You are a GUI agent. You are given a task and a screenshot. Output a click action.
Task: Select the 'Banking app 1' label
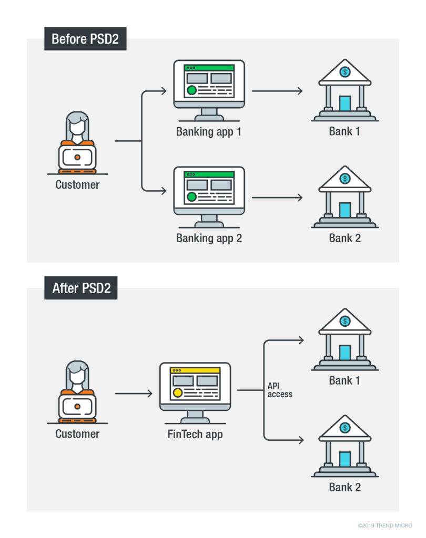click(x=209, y=131)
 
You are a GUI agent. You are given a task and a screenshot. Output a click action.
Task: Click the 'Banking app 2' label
click(x=209, y=238)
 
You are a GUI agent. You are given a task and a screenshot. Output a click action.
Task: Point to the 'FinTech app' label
click(x=195, y=434)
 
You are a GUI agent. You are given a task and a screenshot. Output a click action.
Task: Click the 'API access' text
click(x=280, y=390)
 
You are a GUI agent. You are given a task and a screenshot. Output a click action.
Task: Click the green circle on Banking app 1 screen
click(x=192, y=90)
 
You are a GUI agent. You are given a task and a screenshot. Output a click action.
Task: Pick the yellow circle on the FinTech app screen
click(x=178, y=392)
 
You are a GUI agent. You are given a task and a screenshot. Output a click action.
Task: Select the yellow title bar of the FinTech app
click(x=195, y=370)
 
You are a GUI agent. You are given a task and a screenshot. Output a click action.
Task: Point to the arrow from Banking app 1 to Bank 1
click(x=277, y=91)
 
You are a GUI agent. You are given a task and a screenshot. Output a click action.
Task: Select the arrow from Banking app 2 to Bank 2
click(x=277, y=198)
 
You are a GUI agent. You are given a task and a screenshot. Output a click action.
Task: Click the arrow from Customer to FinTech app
click(x=134, y=393)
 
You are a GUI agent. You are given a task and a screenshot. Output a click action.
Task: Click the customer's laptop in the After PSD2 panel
click(x=77, y=406)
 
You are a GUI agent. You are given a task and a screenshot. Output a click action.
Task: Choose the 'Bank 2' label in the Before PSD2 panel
click(x=345, y=238)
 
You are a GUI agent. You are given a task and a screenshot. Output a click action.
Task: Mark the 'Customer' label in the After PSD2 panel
click(x=77, y=434)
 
